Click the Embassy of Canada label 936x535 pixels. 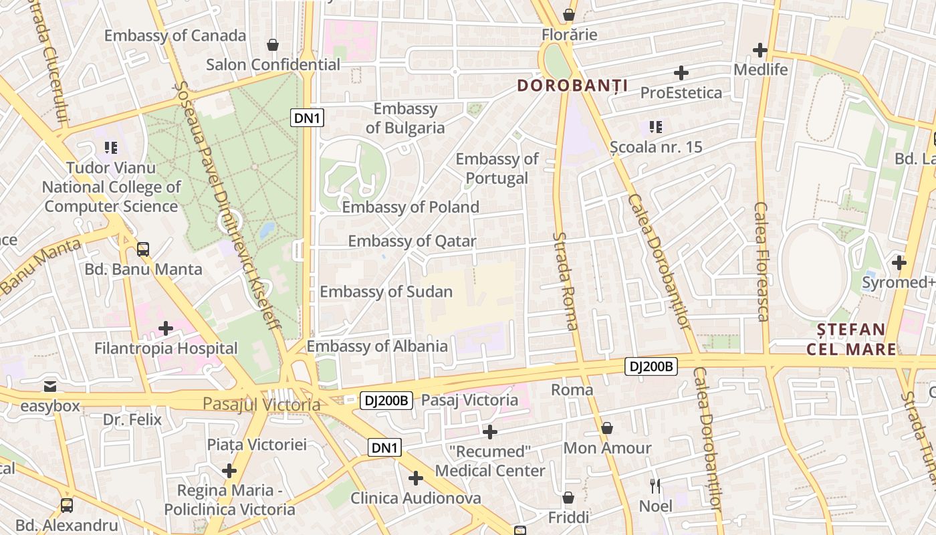pyautogui.click(x=175, y=35)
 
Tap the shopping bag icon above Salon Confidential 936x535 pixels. pyautogui.click(x=273, y=45)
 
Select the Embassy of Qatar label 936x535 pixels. pyautogui.click(x=412, y=241)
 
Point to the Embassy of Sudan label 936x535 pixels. pyautogui.click(x=386, y=292)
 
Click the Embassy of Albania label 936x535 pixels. pyautogui.click(x=377, y=346)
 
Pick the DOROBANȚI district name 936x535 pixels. pyautogui.click(x=572, y=86)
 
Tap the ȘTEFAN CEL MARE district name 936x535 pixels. pyautogui.click(x=852, y=339)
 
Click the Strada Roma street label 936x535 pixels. pyautogui.click(x=566, y=281)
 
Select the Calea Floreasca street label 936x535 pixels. pyautogui.click(x=762, y=261)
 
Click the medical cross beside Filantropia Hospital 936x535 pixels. pyautogui.click(x=166, y=328)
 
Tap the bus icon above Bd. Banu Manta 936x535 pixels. pyautogui.click(x=143, y=249)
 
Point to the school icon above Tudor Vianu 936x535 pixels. pyautogui.click(x=111, y=148)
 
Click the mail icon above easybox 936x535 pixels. pyautogui.click(x=50, y=386)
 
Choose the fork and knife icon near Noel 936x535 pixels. pyautogui.click(x=655, y=486)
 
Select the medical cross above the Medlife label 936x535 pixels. pyautogui.click(x=760, y=50)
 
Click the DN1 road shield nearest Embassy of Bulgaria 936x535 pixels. pyautogui.click(x=308, y=118)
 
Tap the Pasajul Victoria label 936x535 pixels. pyautogui.click(x=261, y=405)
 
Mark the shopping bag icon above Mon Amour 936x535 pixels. pyautogui.click(x=607, y=428)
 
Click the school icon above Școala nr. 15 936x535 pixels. pyautogui.click(x=656, y=126)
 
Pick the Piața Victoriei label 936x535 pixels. pyautogui.click(x=256, y=445)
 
